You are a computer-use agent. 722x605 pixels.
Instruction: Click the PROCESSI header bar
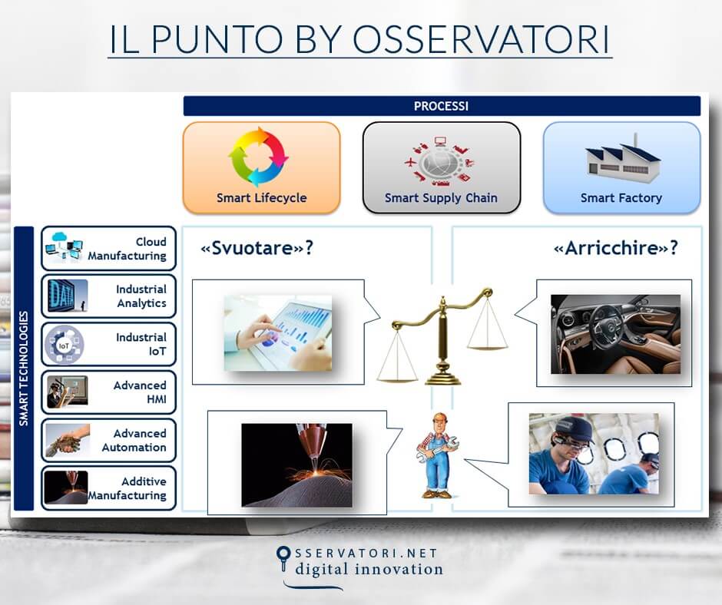click(441, 106)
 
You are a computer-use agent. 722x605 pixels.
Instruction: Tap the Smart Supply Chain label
click(441, 198)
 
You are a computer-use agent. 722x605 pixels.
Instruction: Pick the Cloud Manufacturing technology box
click(108, 249)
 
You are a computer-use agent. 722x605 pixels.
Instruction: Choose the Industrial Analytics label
click(141, 296)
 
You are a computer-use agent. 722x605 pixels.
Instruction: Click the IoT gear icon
click(65, 345)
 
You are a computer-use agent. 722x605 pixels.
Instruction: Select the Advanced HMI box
click(108, 392)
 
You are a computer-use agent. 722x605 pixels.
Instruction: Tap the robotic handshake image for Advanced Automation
click(67, 441)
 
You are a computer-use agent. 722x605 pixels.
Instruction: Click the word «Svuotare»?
click(257, 249)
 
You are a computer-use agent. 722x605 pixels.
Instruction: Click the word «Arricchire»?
click(615, 249)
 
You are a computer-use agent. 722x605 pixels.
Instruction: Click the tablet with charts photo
click(278, 332)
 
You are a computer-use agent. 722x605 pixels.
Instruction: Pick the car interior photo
click(615, 334)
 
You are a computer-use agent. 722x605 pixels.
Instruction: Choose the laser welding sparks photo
click(296, 464)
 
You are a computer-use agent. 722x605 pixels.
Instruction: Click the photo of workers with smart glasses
click(593, 454)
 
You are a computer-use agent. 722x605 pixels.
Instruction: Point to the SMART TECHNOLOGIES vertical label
click(24, 369)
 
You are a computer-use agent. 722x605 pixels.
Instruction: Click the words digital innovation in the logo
click(369, 569)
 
